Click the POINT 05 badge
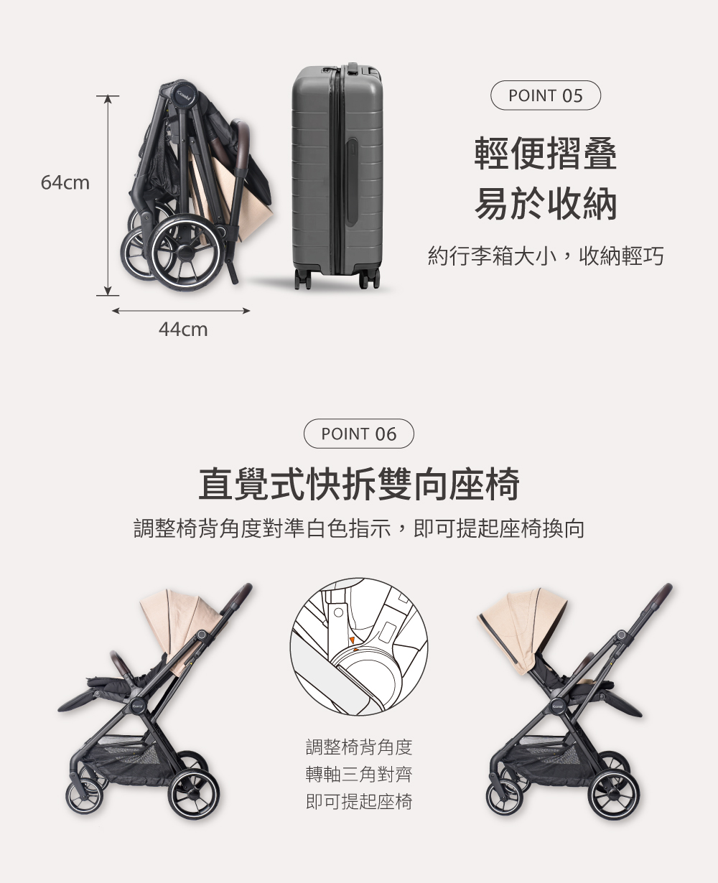pyautogui.click(x=545, y=95)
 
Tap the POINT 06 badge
pyautogui.click(x=359, y=434)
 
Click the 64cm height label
pyautogui.click(x=65, y=182)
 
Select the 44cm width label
pyautogui.click(x=183, y=330)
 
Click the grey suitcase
pyautogui.click(x=337, y=176)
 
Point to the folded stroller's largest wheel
pyautogui.click(x=185, y=252)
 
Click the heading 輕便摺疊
pyautogui.click(x=546, y=153)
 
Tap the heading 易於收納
pyautogui.click(x=546, y=203)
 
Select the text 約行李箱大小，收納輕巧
pyautogui.click(x=546, y=256)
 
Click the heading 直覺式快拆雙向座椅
pyautogui.click(x=359, y=484)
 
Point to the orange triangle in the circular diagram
pyautogui.click(x=352, y=640)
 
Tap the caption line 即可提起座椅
pyautogui.click(x=359, y=801)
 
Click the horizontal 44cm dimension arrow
pyautogui.click(x=181, y=311)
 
